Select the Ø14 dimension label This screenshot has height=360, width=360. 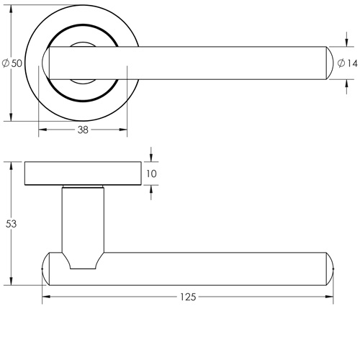[347, 63]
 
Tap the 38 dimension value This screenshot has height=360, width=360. [83, 130]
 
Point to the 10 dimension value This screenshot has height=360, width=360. [150, 174]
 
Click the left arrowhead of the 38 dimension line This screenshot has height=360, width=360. [41, 130]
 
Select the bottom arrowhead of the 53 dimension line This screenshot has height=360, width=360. [12, 281]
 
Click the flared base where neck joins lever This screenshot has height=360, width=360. [81, 261]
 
